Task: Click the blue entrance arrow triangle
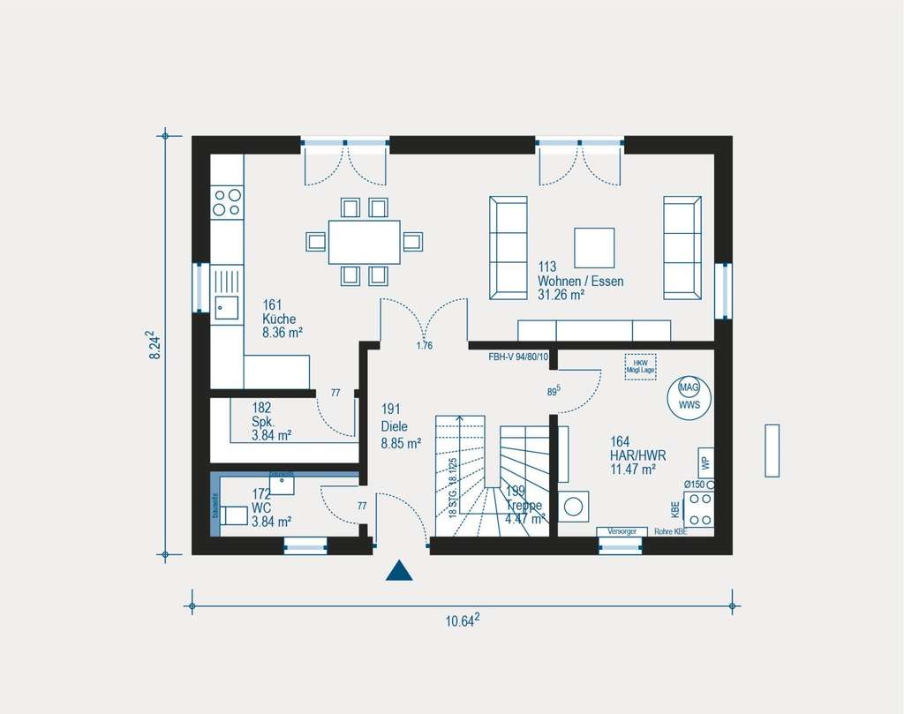(399, 572)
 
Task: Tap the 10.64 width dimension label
(463, 620)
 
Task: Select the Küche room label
(279, 319)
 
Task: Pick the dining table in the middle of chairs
(364, 242)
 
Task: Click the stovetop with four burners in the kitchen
(226, 202)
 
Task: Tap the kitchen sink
(225, 306)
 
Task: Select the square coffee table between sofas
(594, 247)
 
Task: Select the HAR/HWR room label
(637, 455)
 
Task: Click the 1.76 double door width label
(425, 346)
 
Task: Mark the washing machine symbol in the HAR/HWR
(574, 507)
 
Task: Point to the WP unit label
(704, 462)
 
